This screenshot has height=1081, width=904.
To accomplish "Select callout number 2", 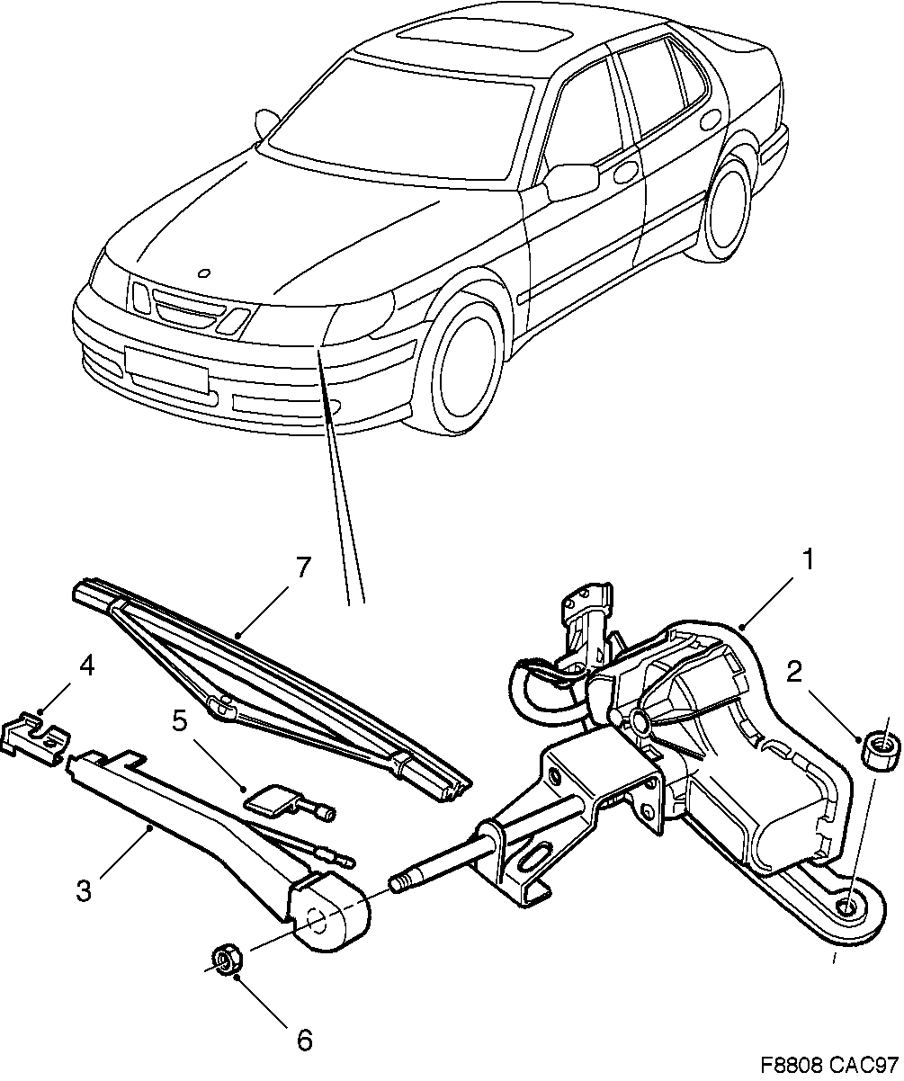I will point(793,670).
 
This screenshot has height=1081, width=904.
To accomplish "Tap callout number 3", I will point(83,892).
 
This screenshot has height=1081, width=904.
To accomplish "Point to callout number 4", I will point(85,666).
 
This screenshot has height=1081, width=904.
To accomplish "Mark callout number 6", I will point(304,1041).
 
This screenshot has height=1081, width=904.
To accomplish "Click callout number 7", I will point(302,568).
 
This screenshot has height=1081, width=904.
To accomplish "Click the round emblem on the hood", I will point(203,274).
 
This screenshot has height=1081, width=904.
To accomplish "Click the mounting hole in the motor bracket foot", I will point(849,905).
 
